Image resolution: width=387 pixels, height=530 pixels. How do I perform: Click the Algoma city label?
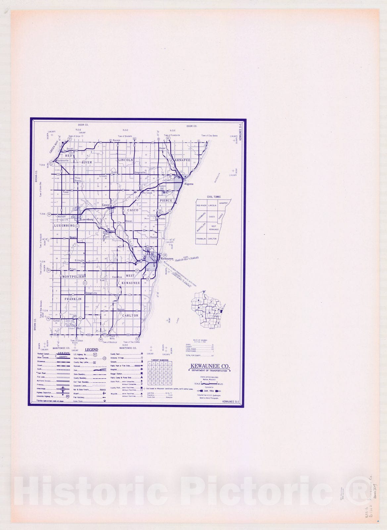pyautogui.click(x=189, y=184)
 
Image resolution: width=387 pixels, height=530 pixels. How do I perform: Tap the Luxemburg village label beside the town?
pyautogui.click(x=87, y=219)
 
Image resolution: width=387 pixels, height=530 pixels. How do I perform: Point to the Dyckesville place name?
pyautogui.click(x=63, y=161)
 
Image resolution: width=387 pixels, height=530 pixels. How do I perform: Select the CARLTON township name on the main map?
pyautogui.click(x=130, y=316)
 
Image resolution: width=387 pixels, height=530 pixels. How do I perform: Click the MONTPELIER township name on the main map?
pyautogui.click(x=73, y=276)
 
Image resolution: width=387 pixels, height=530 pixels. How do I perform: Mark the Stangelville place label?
pyautogui.click(x=91, y=293)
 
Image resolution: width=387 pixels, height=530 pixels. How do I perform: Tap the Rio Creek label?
pyautogui.click(x=147, y=193)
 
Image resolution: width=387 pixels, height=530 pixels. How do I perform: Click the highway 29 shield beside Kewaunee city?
pyautogui.click(x=165, y=255)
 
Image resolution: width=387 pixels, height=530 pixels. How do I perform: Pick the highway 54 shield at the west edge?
pyautogui.click(x=49, y=214)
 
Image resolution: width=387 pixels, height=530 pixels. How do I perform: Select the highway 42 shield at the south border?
pyautogui.click(x=137, y=339)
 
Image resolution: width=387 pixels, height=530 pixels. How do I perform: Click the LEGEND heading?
pyautogui.click(x=91, y=350)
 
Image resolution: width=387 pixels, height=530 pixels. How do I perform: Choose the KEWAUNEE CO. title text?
pyautogui.click(x=210, y=366)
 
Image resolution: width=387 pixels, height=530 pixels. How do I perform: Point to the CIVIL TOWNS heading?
pyautogui.click(x=214, y=197)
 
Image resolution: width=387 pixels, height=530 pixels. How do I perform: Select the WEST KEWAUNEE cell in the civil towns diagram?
pyautogui.click(x=214, y=228)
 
